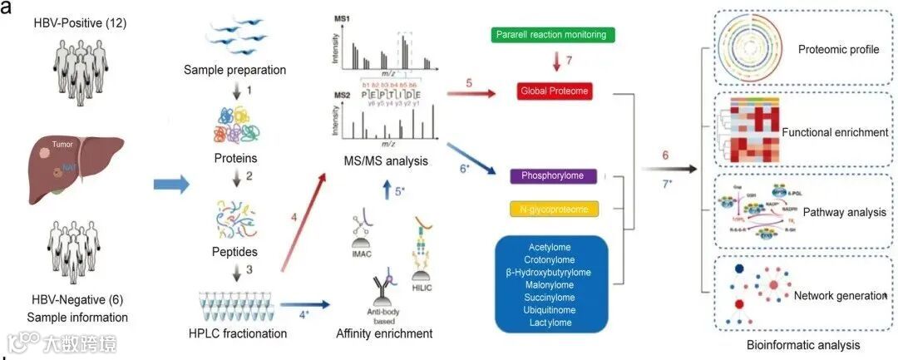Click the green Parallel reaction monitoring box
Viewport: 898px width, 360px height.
tap(553, 36)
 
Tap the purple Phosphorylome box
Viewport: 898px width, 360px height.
tap(552, 175)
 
